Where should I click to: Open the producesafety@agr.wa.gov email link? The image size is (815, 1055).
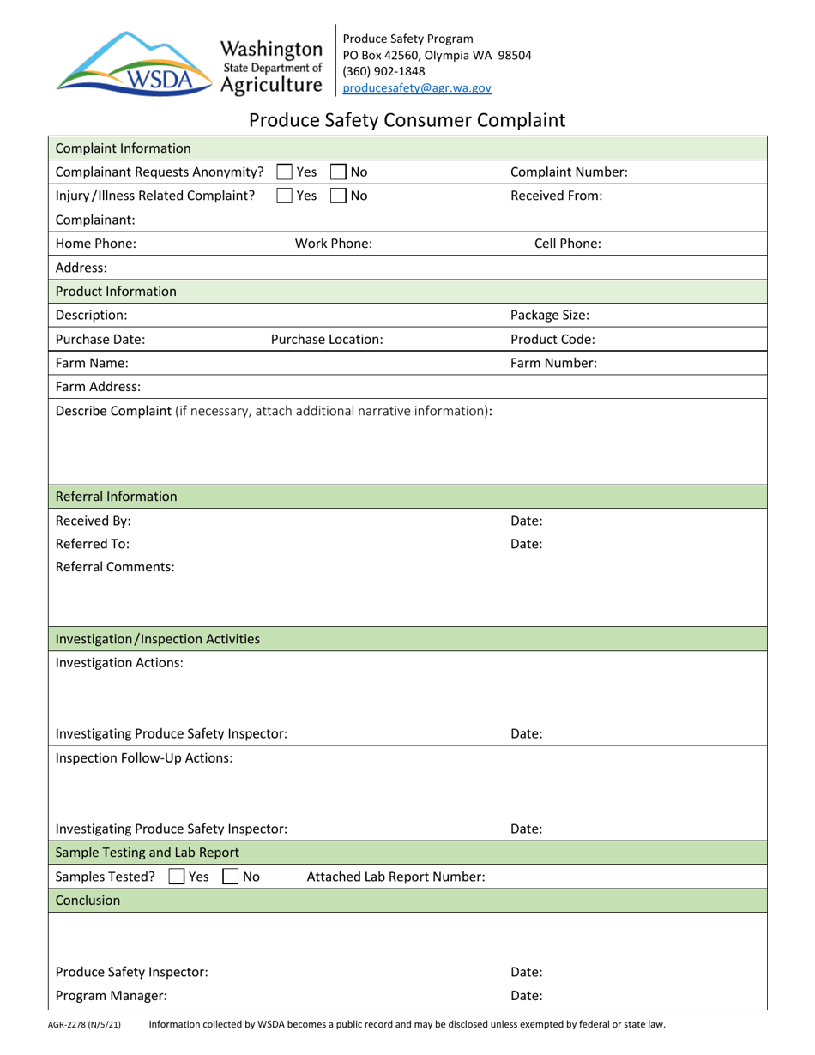click(x=417, y=87)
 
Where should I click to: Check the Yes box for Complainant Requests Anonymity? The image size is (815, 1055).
click(x=285, y=172)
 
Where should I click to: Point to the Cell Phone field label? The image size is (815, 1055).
click(x=567, y=243)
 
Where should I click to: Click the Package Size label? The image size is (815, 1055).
click(x=549, y=315)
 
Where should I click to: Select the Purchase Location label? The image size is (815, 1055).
click(x=327, y=339)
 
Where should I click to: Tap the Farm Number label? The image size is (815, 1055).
click(x=553, y=363)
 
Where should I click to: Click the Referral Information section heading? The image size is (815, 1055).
click(x=117, y=497)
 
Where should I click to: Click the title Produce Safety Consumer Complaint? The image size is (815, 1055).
click(x=407, y=120)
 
